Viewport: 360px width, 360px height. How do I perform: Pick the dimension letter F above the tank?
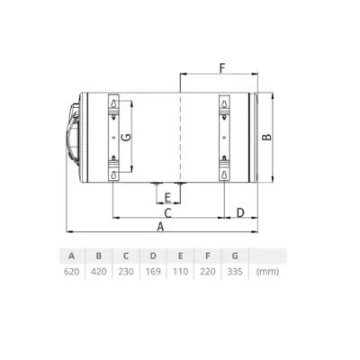(220, 67)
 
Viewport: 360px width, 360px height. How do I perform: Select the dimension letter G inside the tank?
(125, 137)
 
